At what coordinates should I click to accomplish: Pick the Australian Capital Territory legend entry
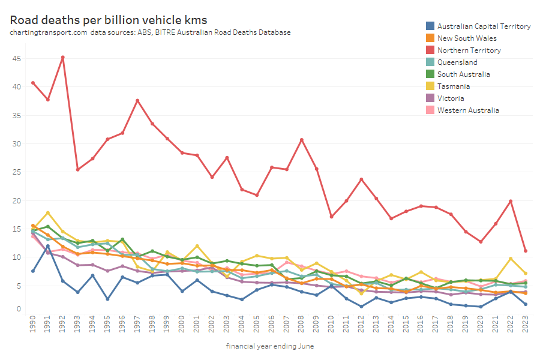tap(484, 26)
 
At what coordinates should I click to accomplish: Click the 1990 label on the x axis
tap(33, 327)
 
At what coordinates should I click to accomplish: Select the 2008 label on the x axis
tap(301, 327)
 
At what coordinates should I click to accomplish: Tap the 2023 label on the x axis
tap(525, 327)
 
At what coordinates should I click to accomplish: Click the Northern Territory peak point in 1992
tap(63, 58)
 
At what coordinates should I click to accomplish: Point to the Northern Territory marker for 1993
tap(78, 169)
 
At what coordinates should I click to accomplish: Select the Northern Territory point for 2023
tap(525, 251)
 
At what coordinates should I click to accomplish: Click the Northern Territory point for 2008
tap(301, 140)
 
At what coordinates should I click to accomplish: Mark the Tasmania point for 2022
tap(510, 259)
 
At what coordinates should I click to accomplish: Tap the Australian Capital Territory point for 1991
tap(48, 246)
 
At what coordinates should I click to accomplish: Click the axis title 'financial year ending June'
tap(270, 346)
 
